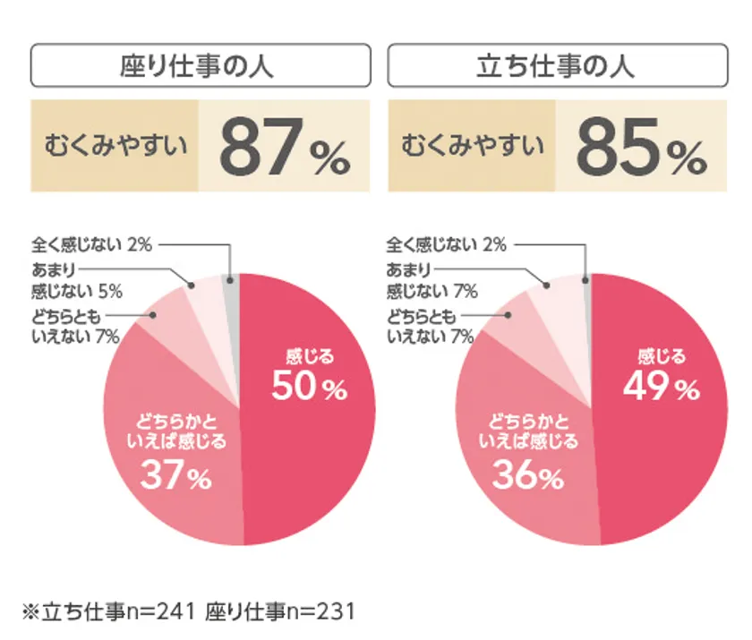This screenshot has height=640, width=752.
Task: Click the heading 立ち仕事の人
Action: point(556,65)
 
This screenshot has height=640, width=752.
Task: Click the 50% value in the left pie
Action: point(309,386)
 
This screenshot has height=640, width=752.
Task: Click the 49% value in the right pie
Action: point(662,386)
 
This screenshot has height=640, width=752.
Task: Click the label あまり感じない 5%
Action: point(76,279)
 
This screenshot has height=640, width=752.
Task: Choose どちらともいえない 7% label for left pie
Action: point(75,326)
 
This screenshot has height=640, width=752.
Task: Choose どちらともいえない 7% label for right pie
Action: point(430,326)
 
